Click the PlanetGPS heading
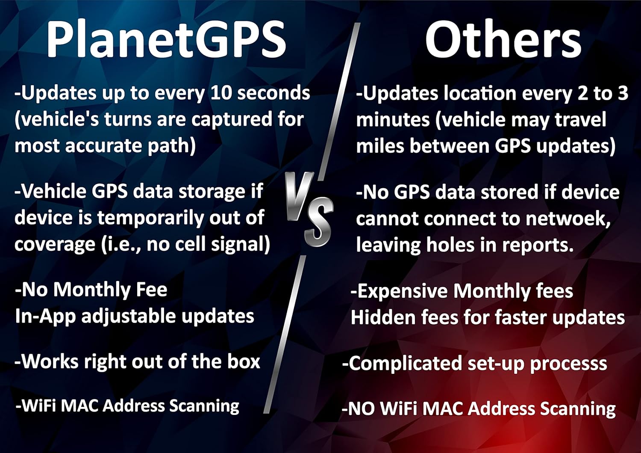click(x=166, y=39)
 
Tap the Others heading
click(x=503, y=39)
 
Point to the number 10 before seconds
click(x=221, y=93)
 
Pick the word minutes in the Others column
click(x=393, y=120)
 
